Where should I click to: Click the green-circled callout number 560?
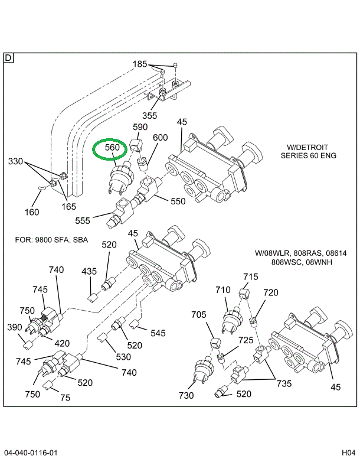[x=112, y=147]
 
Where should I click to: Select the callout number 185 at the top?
[x=140, y=64]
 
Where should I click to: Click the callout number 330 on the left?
[x=16, y=161]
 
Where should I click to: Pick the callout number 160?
[x=32, y=212]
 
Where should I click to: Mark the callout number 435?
[x=89, y=271]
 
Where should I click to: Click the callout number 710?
[x=223, y=290]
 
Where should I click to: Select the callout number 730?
[x=186, y=395]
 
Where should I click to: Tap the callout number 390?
[x=15, y=327]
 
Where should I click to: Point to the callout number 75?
[x=65, y=398]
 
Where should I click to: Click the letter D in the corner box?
[x=8, y=57]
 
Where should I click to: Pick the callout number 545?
[x=158, y=333]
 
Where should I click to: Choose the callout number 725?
[x=246, y=340]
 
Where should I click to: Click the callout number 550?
[x=178, y=201]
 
